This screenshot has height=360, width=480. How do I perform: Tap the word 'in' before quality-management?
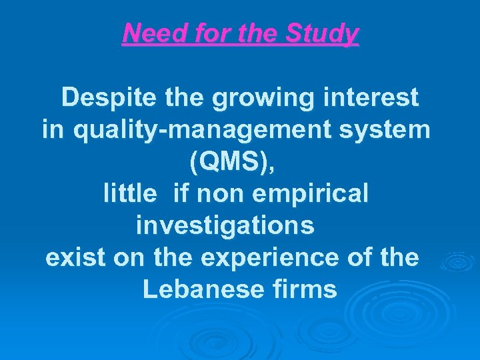tap(53, 130)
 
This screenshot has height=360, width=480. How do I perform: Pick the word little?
tap(131, 194)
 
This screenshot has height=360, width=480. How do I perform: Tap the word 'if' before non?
tap(181, 194)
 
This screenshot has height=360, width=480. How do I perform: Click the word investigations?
tap(225, 227)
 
